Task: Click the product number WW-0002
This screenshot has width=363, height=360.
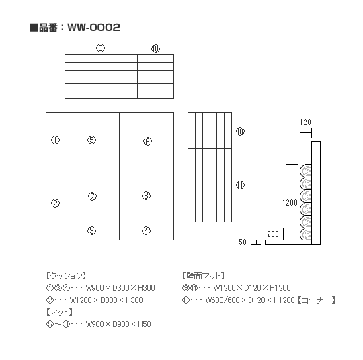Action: (93, 28)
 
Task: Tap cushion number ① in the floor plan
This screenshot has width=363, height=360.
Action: (55, 140)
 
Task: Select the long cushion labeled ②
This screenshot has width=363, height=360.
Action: (55, 204)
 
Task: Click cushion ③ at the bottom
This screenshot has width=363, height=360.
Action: (92, 230)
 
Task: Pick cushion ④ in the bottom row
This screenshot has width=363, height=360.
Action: (147, 230)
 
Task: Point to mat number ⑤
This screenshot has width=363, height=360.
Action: (92, 140)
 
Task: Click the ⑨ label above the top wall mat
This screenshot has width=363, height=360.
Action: (100, 48)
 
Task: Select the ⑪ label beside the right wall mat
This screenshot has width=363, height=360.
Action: (240, 185)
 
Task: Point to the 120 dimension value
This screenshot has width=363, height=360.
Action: (305, 122)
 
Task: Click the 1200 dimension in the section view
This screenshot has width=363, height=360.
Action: (290, 203)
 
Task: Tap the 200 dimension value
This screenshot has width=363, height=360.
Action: (273, 234)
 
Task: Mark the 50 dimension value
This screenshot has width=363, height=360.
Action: (243, 242)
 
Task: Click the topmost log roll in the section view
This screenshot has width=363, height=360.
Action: (306, 171)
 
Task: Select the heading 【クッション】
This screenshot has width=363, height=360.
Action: (66, 276)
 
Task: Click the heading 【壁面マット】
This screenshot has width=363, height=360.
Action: (203, 276)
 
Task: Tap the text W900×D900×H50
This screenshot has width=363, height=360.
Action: (118, 324)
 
